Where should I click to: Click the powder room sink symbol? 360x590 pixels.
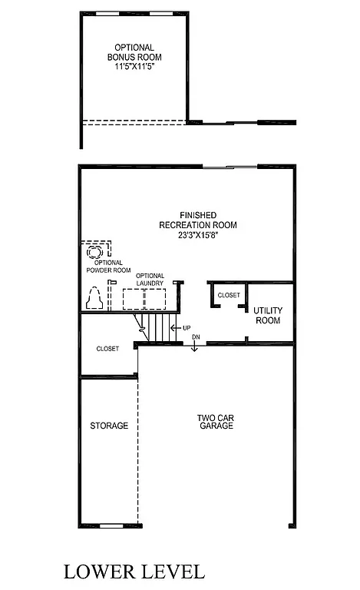[97, 251]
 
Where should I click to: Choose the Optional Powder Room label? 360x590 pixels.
[104, 267]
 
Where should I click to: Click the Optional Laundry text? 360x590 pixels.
[150, 279]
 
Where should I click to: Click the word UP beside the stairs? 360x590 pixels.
[186, 328]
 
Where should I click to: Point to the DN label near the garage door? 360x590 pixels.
[196, 337]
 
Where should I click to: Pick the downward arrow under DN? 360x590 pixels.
[195, 348]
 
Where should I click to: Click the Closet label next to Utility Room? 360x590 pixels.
[228, 295]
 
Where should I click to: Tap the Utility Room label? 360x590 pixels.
[268, 315]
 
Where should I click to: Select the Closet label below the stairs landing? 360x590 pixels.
[107, 349]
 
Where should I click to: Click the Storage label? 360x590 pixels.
[109, 426]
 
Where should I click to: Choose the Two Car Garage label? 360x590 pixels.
[210, 422]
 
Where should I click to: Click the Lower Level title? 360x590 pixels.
[134, 572]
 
